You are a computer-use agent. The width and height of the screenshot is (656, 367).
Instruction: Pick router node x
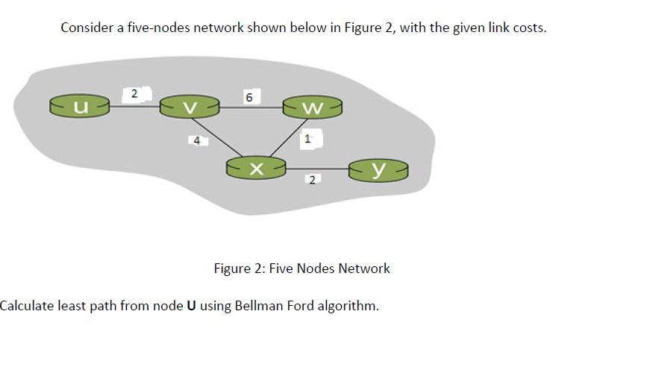pos(256,169)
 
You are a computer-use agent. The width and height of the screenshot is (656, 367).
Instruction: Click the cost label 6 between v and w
pos(249,98)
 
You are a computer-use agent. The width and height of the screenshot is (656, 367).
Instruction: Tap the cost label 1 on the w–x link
pos(307,138)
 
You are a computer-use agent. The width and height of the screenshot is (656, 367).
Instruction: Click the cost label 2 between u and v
pos(134,94)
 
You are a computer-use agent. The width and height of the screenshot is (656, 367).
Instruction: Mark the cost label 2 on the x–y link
pos(312,179)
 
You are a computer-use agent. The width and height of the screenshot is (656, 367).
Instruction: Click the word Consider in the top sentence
pos(86,28)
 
